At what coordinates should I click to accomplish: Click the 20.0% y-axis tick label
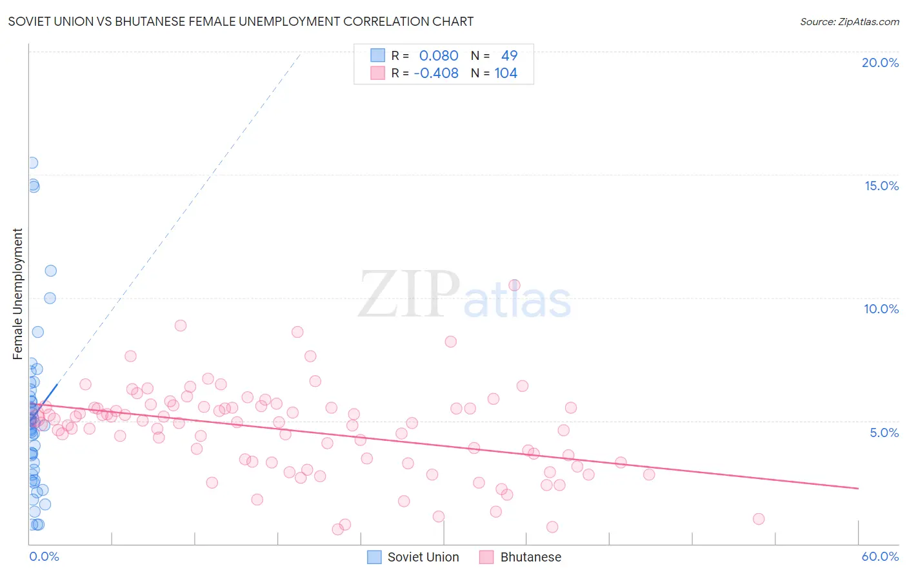click(880, 63)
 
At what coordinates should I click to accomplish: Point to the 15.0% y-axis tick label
click(881, 186)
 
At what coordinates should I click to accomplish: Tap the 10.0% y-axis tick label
click(881, 309)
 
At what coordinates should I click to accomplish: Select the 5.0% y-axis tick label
click(884, 433)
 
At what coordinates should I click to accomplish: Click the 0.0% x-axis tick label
click(44, 556)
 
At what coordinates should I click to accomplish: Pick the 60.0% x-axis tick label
click(880, 556)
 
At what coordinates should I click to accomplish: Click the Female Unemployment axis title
click(17, 294)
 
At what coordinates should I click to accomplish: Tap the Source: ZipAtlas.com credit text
click(849, 21)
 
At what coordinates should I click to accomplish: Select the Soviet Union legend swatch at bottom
click(374, 557)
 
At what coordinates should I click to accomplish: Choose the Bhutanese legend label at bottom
click(530, 557)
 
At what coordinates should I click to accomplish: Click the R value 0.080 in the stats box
click(439, 56)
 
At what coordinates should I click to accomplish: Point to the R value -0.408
click(436, 73)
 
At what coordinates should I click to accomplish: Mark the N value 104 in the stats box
click(506, 73)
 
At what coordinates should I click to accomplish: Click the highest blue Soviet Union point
click(32, 163)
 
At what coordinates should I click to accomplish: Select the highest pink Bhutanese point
click(514, 285)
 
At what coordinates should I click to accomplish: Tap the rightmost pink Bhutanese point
click(759, 519)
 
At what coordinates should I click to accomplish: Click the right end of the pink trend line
click(858, 489)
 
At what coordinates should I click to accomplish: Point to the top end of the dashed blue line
click(301, 54)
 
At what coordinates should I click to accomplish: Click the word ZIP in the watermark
click(409, 295)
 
